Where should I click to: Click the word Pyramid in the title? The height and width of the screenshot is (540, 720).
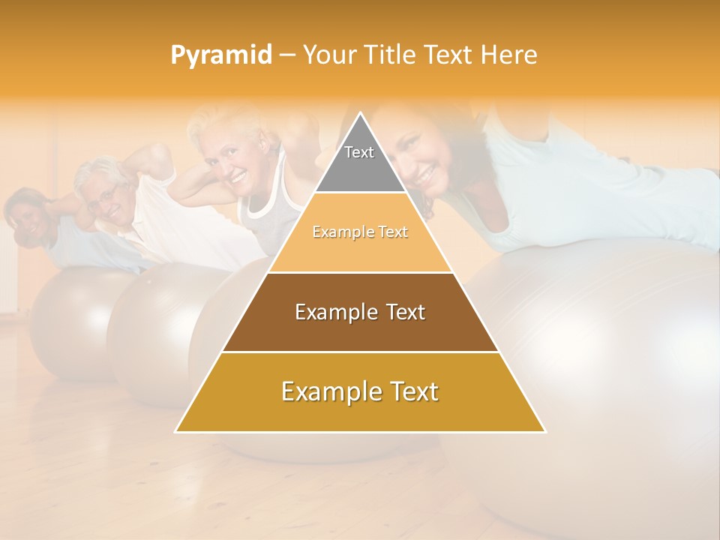[x=221, y=55]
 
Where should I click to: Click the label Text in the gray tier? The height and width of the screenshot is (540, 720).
[x=359, y=152]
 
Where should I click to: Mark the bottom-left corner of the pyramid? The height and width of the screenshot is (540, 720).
[x=176, y=431]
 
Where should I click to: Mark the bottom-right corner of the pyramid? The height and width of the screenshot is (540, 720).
[x=545, y=431]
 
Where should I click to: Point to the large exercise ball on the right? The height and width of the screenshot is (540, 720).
[x=600, y=345]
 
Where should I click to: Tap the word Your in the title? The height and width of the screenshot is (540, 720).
[x=326, y=55]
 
